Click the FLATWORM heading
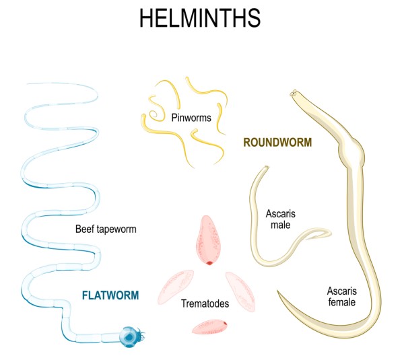(110, 295)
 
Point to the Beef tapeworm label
(106, 229)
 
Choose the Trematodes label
(205, 304)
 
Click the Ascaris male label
(281, 219)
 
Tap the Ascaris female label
(341, 297)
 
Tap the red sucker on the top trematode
(209, 263)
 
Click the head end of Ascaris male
(267, 169)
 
